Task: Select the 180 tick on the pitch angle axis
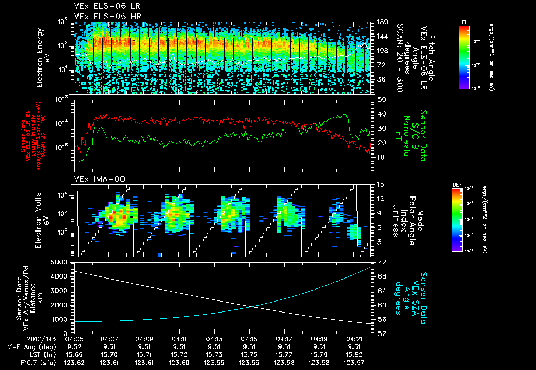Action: coord(382,22)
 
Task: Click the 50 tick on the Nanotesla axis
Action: coord(382,99)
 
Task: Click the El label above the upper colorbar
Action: coord(464,22)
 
